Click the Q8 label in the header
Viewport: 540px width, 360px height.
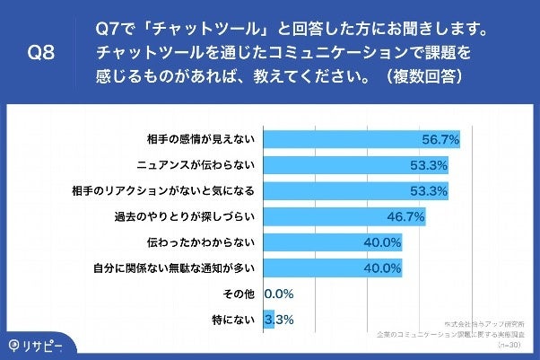click(41, 53)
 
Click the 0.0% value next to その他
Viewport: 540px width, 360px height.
click(279, 294)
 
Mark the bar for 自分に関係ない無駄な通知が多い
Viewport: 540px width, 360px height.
click(332, 268)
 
